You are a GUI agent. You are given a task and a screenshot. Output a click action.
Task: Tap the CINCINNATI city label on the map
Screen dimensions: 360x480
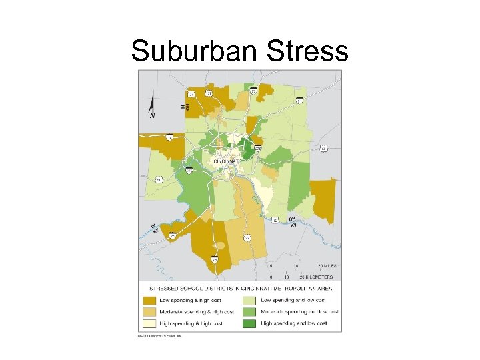[227, 161]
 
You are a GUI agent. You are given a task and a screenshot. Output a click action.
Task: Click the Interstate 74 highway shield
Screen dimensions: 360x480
[169, 138]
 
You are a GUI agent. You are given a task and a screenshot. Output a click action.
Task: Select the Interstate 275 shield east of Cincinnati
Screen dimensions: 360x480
[257, 147]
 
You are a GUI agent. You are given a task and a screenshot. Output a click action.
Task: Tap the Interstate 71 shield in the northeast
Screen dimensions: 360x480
[299, 101]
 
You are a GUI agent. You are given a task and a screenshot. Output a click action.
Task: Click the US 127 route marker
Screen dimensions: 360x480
[209, 93]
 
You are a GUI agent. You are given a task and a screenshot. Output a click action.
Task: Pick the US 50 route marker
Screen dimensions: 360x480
[323, 148]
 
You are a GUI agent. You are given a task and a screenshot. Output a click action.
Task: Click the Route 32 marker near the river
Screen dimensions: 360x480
[275, 219]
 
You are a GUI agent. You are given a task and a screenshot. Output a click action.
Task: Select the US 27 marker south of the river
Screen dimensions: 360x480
[247, 237]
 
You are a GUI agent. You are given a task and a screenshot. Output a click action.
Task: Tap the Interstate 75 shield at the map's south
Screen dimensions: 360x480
[215, 259]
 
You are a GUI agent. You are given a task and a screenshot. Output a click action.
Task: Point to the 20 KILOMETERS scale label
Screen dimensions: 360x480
[316, 276]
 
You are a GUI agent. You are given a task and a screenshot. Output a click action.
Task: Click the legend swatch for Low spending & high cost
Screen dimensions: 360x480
[149, 301]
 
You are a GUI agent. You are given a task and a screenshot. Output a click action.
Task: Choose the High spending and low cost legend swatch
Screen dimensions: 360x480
[249, 323]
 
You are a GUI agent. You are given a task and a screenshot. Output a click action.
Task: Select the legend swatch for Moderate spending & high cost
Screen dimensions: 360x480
[149, 312]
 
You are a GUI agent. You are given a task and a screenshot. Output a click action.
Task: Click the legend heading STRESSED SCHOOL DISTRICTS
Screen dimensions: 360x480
[240, 289]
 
